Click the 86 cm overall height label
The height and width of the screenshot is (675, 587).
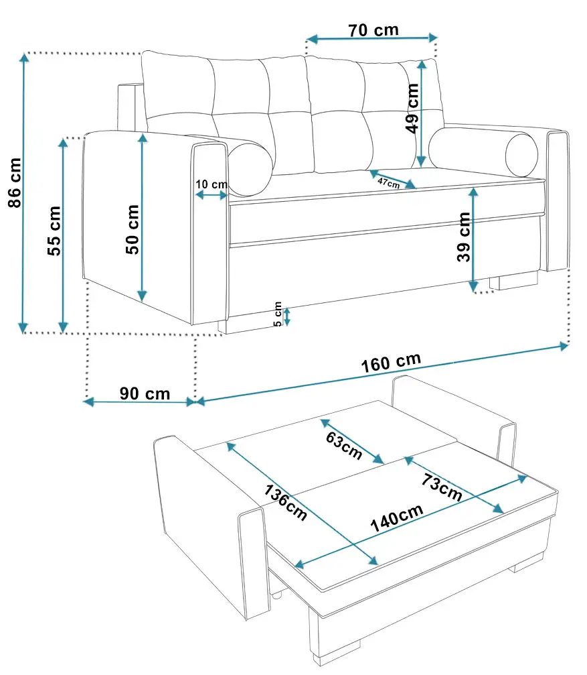point(15,182)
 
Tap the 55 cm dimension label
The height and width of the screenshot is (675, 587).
point(54,231)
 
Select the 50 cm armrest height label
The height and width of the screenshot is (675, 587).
point(133,229)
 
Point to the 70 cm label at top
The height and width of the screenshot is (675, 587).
point(373,30)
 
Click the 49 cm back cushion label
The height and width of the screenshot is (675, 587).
point(412,109)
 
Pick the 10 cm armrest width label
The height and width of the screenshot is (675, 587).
point(212,184)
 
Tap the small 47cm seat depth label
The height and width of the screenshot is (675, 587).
point(388,183)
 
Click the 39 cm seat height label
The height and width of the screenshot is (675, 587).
point(464,237)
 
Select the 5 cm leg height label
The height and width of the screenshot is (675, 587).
point(278,314)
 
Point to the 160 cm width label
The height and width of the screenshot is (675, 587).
point(391,363)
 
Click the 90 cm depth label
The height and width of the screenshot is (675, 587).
point(145,393)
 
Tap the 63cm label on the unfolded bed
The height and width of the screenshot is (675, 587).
point(344,445)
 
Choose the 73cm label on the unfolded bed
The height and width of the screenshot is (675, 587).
point(442,487)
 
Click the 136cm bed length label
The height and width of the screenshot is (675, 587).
point(285,502)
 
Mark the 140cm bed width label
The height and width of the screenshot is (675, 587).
point(397,518)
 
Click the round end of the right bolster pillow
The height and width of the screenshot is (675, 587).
point(521,156)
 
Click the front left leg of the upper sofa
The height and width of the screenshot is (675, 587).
point(222,326)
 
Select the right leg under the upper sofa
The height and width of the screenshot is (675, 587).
point(513,281)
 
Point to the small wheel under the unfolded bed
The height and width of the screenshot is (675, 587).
point(277,595)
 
